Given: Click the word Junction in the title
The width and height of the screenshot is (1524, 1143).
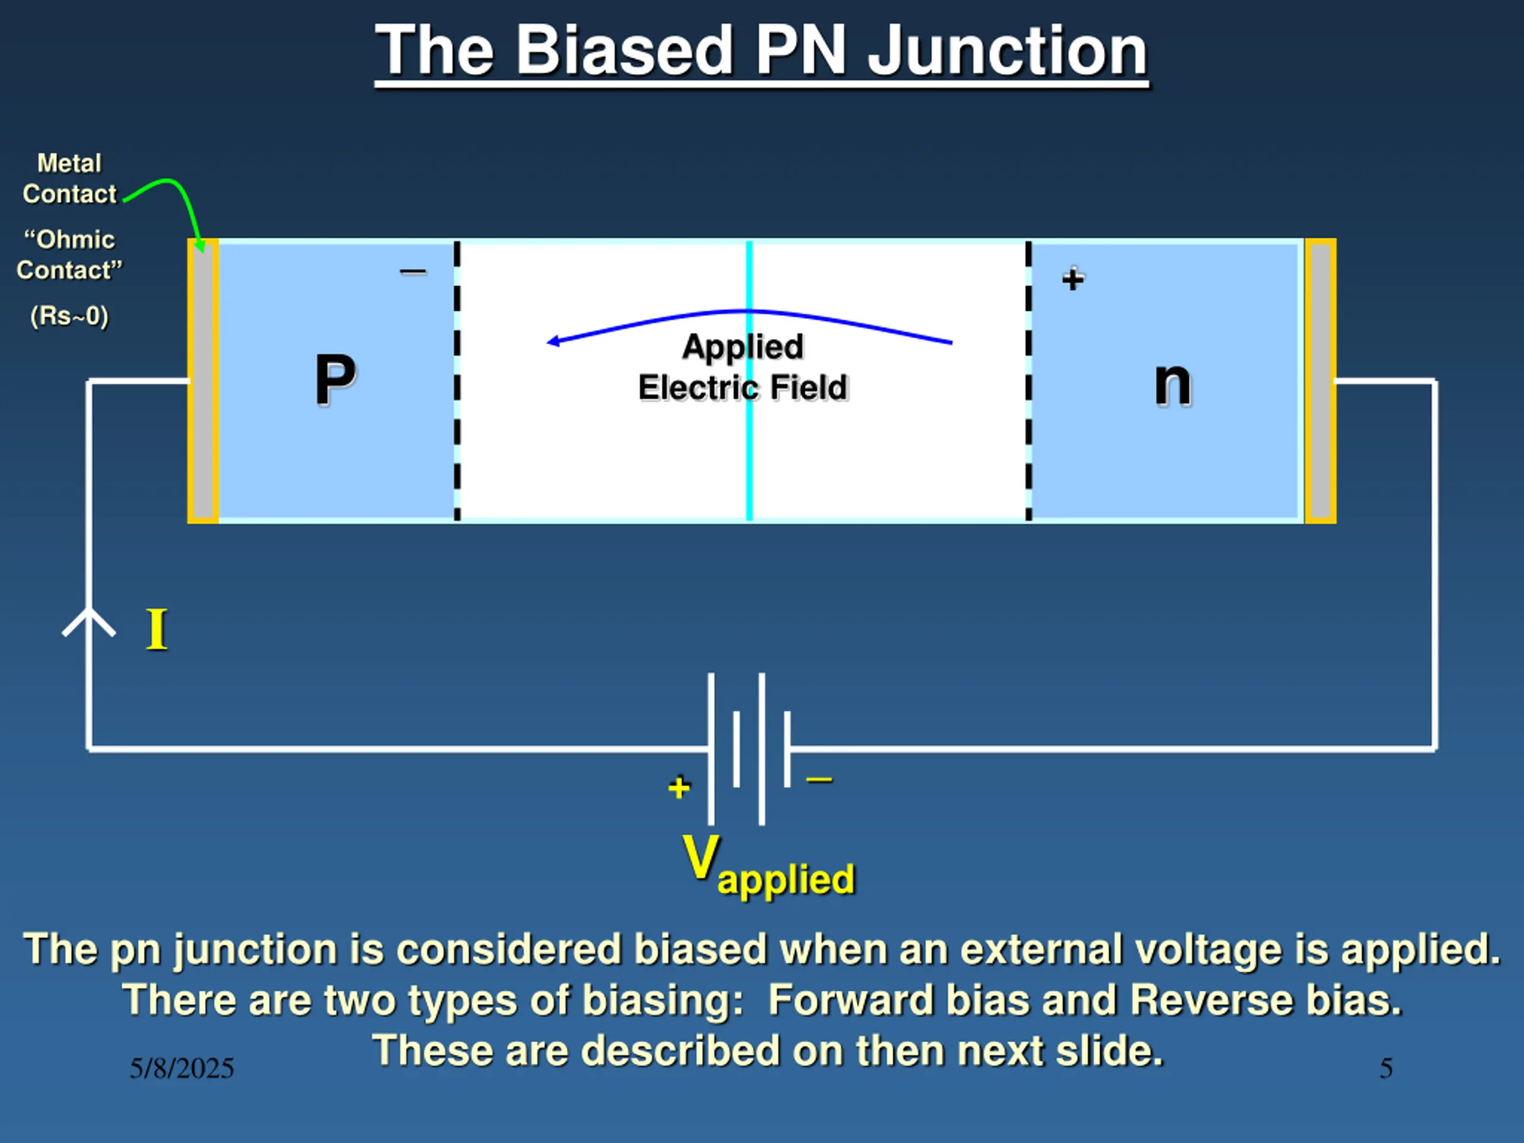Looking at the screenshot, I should click(1007, 51).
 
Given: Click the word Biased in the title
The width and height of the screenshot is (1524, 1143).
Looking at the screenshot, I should click(624, 51).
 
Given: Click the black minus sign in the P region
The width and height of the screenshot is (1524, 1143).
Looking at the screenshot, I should click(413, 272).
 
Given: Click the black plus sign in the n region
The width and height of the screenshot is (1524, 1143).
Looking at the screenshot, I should click(1073, 279).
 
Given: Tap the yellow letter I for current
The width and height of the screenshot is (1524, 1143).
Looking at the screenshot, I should click(157, 630).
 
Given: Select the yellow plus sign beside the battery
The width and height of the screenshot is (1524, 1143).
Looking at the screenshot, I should click(679, 787).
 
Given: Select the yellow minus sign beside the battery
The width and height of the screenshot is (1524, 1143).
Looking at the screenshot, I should click(819, 780).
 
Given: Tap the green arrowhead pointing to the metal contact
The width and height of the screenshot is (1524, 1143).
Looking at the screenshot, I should click(200, 245).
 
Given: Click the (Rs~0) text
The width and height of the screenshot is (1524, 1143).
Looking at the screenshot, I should click(70, 316).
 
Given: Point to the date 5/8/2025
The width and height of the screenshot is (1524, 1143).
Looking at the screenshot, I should click(182, 1068).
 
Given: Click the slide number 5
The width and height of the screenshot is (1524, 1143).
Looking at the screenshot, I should click(1385, 1068).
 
